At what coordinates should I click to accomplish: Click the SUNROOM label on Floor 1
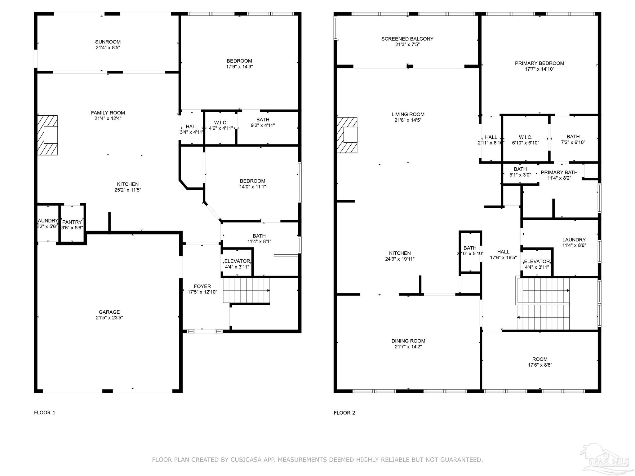click(108, 42)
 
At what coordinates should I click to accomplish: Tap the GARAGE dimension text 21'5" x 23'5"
click(109, 318)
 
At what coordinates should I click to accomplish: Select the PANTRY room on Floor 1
click(72, 222)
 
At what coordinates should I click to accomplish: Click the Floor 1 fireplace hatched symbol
click(47, 135)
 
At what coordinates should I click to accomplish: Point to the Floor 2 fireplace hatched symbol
click(347, 135)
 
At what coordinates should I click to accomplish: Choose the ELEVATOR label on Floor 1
click(237, 261)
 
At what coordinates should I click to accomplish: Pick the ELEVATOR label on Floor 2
click(537, 262)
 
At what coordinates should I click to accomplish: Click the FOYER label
click(202, 286)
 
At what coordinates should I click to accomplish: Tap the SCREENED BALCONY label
click(407, 39)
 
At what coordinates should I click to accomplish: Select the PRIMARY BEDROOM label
click(539, 63)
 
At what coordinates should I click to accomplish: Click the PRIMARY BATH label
click(559, 173)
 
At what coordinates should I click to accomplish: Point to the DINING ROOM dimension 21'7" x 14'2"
click(408, 347)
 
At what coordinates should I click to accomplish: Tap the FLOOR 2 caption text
click(344, 413)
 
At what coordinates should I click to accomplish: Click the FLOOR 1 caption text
click(45, 412)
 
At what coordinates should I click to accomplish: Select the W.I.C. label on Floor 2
click(525, 137)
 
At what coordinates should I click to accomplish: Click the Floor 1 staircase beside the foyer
click(246, 290)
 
